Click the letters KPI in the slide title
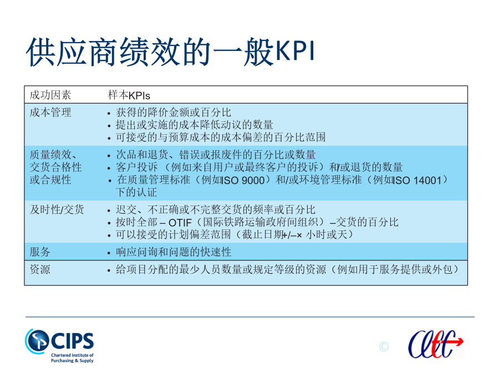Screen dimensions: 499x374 295,51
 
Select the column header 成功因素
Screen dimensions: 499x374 50,95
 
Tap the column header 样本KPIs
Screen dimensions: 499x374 129,95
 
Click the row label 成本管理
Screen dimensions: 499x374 50,112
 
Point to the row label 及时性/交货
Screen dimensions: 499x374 57,209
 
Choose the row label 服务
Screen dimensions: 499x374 40,252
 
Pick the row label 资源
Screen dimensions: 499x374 40,269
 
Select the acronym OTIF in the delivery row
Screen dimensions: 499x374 180,223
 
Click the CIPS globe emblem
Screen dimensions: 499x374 37,341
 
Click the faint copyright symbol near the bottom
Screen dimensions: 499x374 384,346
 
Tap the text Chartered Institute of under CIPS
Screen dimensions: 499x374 72,355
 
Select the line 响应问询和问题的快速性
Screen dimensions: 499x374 174,252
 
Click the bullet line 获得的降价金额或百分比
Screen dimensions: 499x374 174,112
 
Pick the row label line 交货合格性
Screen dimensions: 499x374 55,167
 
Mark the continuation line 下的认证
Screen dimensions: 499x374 136,192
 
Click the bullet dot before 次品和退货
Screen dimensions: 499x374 109,156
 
